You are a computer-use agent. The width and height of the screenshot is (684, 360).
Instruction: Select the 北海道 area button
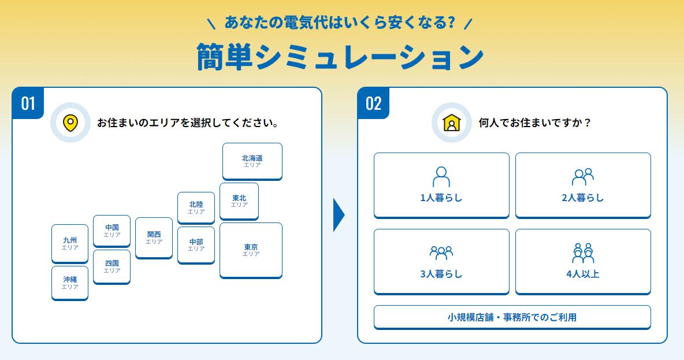[x=252, y=161]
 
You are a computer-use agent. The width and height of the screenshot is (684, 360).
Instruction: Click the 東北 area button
[x=239, y=201]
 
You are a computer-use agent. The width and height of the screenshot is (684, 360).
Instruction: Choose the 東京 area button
[x=251, y=250]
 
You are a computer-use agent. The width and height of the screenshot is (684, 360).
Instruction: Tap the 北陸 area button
[x=196, y=207]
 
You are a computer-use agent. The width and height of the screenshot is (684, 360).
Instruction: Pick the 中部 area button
[x=196, y=244]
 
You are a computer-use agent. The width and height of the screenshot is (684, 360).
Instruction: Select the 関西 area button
[x=154, y=237]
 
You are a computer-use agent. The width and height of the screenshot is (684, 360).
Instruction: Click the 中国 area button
[x=111, y=231]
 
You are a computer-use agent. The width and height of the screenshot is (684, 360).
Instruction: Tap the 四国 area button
[x=111, y=266]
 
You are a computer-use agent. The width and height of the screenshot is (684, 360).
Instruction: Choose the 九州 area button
[x=70, y=243]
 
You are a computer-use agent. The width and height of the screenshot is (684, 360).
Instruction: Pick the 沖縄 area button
[x=70, y=283]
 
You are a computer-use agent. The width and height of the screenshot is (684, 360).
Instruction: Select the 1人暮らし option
[x=441, y=185]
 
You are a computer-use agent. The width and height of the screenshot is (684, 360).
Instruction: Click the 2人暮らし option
[x=583, y=185]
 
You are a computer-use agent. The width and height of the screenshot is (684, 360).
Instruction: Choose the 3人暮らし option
[x=441, y=261]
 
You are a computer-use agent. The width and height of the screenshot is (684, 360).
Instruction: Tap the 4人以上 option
[x=583, y=261]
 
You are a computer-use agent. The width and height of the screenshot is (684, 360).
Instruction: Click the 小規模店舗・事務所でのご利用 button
[x=512, y=317]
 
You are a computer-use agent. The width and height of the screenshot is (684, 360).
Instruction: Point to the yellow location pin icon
[x=70, y=123]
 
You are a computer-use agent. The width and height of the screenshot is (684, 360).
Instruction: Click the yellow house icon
[x=451, y=123]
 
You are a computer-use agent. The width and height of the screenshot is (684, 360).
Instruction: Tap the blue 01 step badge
[x=28, y=103]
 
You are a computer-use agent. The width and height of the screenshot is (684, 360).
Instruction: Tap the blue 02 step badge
[x=373, y=103]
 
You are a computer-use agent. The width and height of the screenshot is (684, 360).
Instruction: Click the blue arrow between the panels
[x=339, y=215]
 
